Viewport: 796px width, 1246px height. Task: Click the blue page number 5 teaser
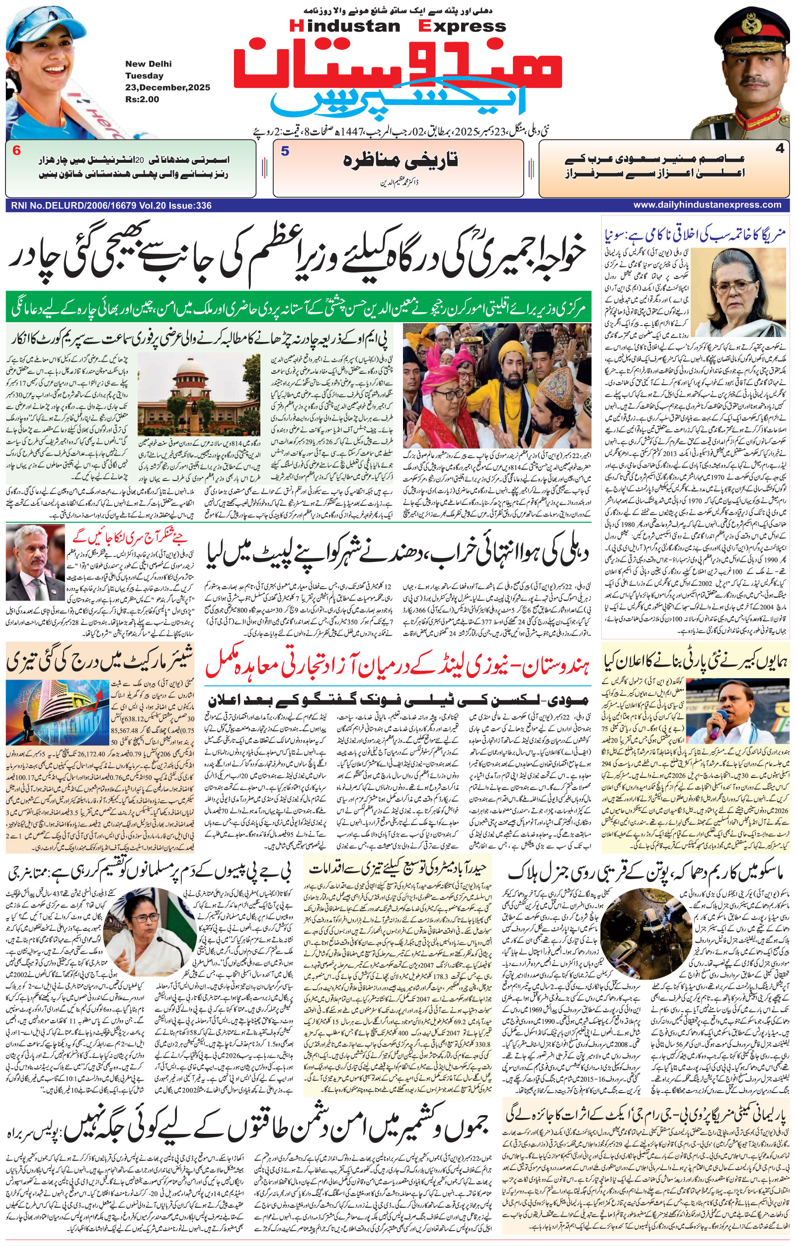click(x=285, y=151)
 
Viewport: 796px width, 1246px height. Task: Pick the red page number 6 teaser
click(x=16, y=151)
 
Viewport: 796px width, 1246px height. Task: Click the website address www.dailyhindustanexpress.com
click(x=707, y=205)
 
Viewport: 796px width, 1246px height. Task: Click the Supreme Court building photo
click(x=199, y=395)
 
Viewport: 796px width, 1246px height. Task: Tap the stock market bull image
click(x=58, y=712)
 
